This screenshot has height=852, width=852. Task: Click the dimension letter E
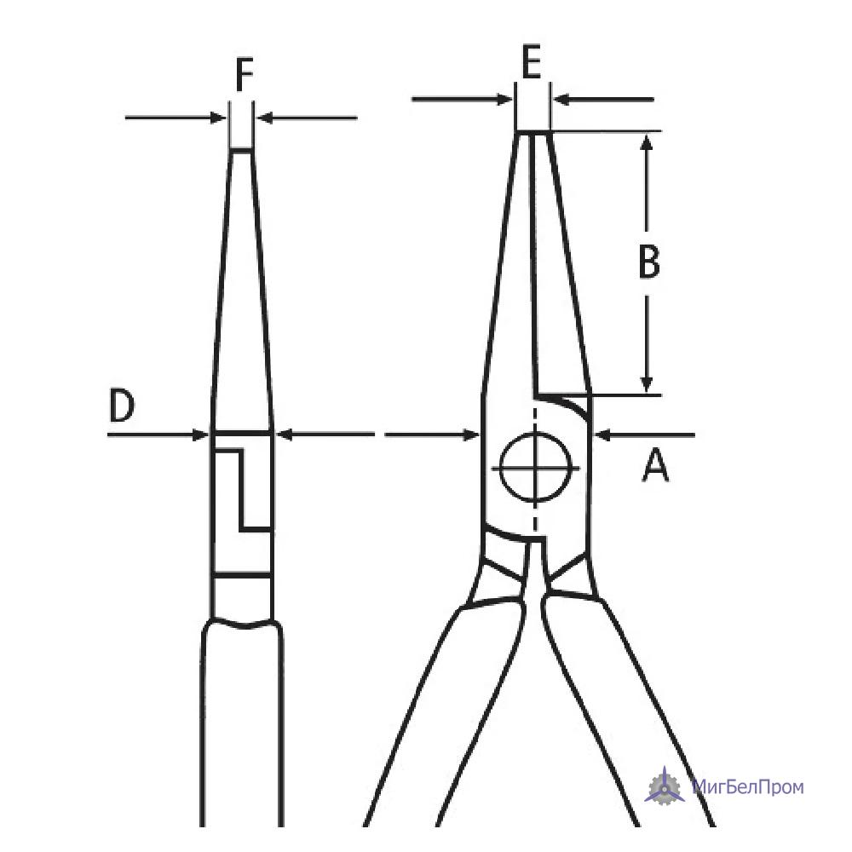[531, 62]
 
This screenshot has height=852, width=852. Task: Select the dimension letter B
[648, 262]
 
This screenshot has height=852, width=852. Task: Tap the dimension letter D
[122, 405]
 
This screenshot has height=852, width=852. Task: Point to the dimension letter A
[655, 465]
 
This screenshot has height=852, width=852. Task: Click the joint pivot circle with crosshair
[536, 467]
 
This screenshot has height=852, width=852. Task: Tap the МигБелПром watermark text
[748, 786]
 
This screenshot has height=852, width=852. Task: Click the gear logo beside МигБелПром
[665, 786]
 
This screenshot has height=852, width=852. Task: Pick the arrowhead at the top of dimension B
[646, 142]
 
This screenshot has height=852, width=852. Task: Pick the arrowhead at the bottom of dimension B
[646, 384]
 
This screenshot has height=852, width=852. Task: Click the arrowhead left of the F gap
[218, 118]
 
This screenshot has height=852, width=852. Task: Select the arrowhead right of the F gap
[265, 118]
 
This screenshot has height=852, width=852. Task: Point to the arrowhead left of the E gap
[504, 100]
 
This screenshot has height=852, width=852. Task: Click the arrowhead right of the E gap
[561, 100]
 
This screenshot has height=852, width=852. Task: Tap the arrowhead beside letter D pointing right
[201, 435]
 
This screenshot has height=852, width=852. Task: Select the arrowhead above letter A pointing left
[604, 435]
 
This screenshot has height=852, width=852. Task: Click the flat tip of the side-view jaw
[241, 149]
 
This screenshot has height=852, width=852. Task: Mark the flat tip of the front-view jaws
[532, 131]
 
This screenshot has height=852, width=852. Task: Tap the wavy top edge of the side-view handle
[242, 624]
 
